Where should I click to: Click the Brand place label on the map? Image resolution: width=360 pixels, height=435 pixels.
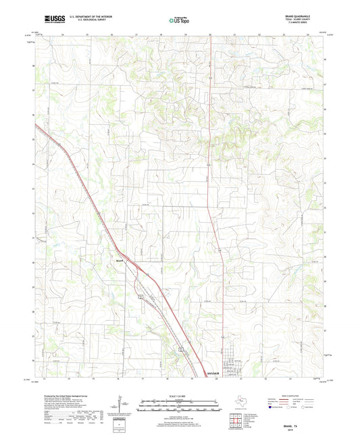point(120,259)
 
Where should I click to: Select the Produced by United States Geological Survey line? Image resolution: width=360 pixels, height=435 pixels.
point(68,396)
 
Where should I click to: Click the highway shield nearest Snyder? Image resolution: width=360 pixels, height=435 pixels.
point(181,347)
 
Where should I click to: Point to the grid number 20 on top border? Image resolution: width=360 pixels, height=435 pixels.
point(210,33)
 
